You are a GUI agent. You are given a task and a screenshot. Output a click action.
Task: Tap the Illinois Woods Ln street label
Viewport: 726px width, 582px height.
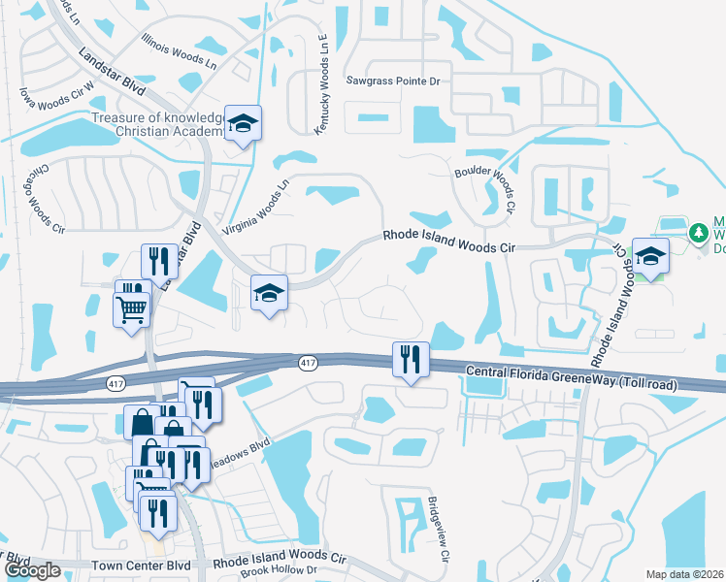(x=179, y=52)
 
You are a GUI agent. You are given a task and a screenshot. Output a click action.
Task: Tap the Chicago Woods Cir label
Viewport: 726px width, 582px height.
(x=44, y=202)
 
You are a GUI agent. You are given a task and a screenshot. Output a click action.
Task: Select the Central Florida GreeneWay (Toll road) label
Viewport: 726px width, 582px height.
(x=569, y=377)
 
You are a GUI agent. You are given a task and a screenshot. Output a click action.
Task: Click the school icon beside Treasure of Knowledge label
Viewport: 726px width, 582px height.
(x=243, y=123)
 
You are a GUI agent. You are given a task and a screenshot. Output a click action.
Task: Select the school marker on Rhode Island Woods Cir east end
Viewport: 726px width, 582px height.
(x=650, y=256)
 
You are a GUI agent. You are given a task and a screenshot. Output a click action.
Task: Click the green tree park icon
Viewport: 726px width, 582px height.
(x=698, y=234)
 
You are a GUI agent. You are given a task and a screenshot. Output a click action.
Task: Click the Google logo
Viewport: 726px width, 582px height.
(x=32, y=570)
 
